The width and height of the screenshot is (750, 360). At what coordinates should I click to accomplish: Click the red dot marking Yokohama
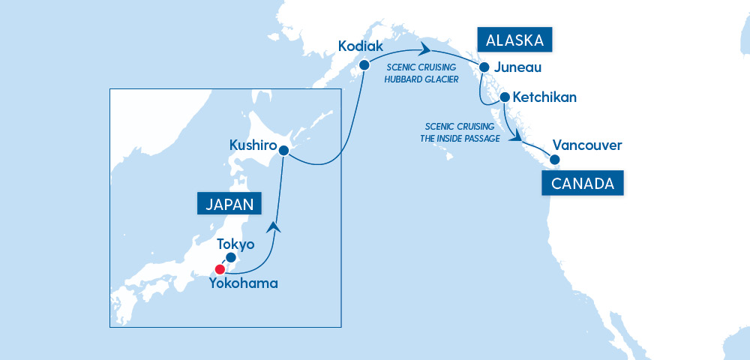[220, 269]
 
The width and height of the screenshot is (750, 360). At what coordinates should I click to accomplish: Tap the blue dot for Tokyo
[231, 257]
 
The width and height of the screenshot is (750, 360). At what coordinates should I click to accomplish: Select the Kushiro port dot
[284, 150]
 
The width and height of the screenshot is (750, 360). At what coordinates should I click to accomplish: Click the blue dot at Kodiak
[364, 65]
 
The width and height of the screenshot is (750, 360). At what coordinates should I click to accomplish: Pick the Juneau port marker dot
[484, 66]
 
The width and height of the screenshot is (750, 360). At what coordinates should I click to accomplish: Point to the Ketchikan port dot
[505, 97]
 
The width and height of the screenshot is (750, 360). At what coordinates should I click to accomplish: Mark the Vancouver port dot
[554, 159]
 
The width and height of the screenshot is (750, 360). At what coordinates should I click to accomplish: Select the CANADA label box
[583, 184]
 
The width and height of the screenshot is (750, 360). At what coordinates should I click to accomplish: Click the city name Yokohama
[244, 283]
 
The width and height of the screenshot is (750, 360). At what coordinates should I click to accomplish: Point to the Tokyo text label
[235, 244]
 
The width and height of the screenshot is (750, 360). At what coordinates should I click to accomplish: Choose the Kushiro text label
[253, 145]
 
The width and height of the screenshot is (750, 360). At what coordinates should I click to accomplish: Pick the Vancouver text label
[586, 145]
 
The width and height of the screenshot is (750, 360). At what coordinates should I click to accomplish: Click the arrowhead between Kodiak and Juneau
[426, 50]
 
